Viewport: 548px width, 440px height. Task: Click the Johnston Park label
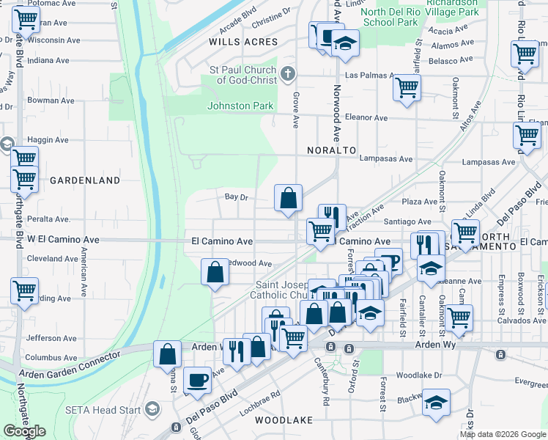tap(240, 106)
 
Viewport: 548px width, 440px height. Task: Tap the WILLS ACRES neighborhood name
tap(244, 42)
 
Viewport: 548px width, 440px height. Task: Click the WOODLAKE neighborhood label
tap(284, 420)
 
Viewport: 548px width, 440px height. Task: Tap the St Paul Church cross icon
tap(288, 73)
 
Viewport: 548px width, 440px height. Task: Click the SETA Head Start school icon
tap(152, 408)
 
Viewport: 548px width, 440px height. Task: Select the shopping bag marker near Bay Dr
tap(289, 197)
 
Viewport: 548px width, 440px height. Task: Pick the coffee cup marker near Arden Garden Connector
tap(197, 379)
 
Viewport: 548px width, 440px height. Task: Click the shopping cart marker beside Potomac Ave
tap(26, 22)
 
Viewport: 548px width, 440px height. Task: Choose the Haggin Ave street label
tap(48, 139)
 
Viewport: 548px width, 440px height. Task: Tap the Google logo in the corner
tap(24, 431)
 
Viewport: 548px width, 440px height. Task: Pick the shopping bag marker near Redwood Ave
tap(214, 273)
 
